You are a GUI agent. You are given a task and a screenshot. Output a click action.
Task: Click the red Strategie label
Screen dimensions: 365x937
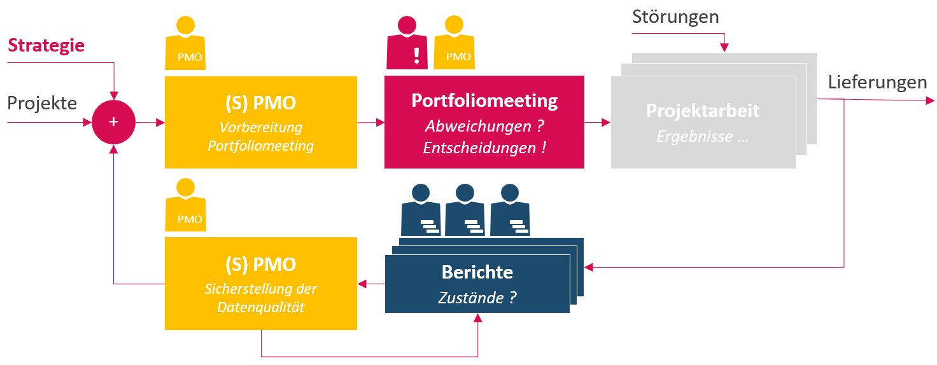pyautogui.click(x=46, y=45)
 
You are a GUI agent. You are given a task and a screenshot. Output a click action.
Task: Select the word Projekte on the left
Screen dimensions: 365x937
pyautogui.click(x=42, y=103)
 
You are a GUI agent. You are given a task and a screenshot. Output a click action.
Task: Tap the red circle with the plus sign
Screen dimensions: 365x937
pyautogui.click(x=113, y=122)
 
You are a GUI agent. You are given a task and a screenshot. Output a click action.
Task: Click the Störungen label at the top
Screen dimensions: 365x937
pyautogui.click(x=675, y=17)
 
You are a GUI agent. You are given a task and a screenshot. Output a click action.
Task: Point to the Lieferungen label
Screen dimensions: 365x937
pyautogui.click(x=877, y=82)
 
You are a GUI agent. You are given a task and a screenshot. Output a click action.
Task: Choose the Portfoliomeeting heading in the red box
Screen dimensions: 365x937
pyautogui.click(x=484, y=101)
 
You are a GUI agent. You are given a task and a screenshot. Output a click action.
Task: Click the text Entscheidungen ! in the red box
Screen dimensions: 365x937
pyautogui.click(x=484, y=148)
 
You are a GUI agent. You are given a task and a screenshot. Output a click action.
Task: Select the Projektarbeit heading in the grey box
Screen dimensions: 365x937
pyautogui.click(x=703, y=110)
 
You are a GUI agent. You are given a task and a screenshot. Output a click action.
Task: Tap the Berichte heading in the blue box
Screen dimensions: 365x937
pyautogui.click(x=477, y=272)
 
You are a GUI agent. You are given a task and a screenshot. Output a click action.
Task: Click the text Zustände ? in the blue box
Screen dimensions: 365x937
pyautogui.click(x=477, y=297)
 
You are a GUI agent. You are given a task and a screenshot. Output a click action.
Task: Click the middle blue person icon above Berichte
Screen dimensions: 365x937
pyautogui.click(x=465, y=210)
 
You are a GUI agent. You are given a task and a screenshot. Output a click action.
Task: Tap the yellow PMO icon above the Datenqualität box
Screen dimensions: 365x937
pyautogui.click(x=185, y=204)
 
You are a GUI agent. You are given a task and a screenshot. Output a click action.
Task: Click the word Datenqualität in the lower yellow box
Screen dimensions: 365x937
pyautogui.click(x=260, y=308)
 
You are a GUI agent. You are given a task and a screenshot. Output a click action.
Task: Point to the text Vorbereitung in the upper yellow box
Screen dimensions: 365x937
pyautogui.click(x=260, y=127)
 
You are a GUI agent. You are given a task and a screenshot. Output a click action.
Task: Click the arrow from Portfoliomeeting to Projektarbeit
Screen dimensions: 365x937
pyautogui.click(x=597, y=122)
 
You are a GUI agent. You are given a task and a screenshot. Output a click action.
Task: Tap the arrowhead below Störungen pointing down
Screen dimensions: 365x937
pyautogui.click(x=724, y=48)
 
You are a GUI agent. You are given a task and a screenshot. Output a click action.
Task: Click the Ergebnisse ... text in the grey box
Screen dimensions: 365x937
pyautogui.click(x=703, y=137)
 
